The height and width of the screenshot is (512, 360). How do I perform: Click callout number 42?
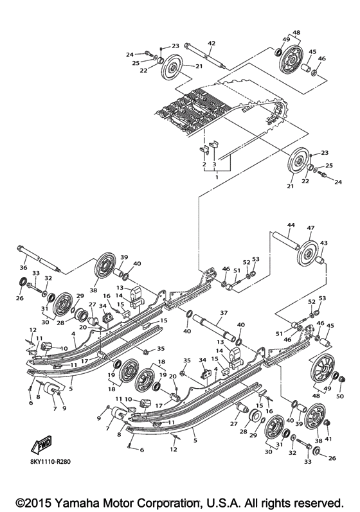(x=211, y=43)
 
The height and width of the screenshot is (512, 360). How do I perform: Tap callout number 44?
(x=291, y=225)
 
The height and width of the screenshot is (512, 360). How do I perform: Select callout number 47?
(x=310, y=228)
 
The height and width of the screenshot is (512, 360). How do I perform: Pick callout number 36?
(x=23, y=269)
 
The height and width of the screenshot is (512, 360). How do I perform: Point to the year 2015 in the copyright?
(x=37, y=501)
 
